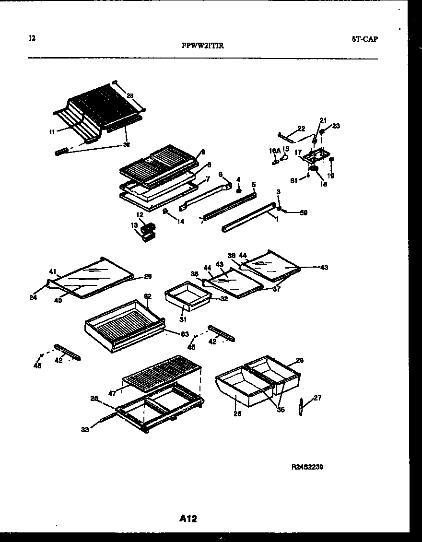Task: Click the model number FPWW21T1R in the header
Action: [202, 46]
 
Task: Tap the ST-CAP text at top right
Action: [364, 39]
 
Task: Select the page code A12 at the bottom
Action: [188, 518]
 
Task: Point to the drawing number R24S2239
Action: [307, 466]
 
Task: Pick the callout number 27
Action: [317, 397]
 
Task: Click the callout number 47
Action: [113, 393]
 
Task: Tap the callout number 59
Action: [304, 212]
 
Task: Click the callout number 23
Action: [336, 126]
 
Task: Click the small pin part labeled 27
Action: [301, 406]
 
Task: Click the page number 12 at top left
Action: [32, 38]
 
